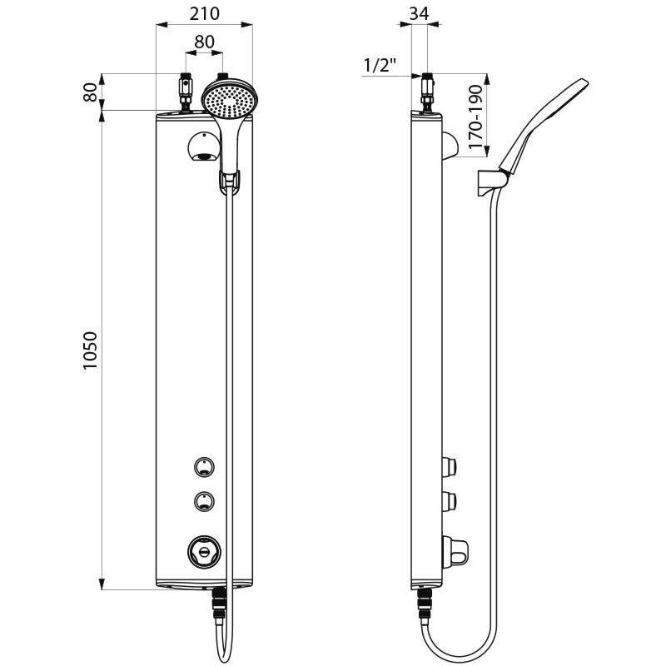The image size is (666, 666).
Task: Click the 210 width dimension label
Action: pyautogui.click(x=204, y=14)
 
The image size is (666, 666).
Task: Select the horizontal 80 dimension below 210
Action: pyautogui.click(x=204, y=41)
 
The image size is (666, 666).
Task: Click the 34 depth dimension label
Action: pyautogui.click(x=419, y=14)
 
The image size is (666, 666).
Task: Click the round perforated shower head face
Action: pyautogui.click(x=226, y=100)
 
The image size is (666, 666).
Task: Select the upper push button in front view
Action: pyautogui.click(x=202, y=467)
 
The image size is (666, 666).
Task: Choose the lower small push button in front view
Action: pyautogui.click(x=202, y=501)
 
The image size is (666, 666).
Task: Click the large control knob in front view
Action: pyautogui.click(x=202, y=549)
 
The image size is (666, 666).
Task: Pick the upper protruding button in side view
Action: pyautogui.click(x=451, y=465)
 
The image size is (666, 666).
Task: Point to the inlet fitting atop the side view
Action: pyautogui.click(x=427, y=92)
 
